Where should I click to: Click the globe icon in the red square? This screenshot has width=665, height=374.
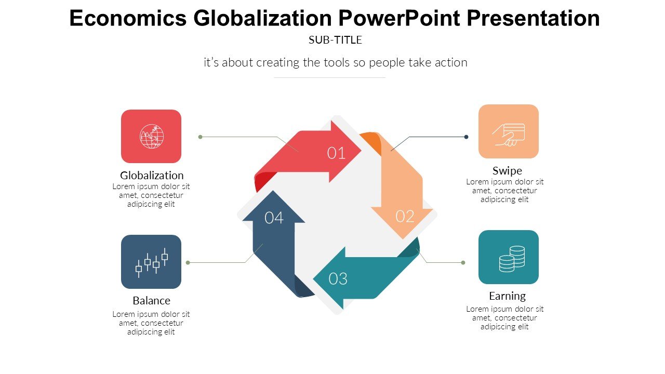pyautogui.click(x=151, y=136)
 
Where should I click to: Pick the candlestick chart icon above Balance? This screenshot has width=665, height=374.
pyautogui.click(x=152, y=262)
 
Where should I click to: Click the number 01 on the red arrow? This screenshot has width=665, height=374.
pyautogui.click(x=336, y=153)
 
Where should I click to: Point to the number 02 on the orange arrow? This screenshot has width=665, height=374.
pyautogui.click(x=405, y=216)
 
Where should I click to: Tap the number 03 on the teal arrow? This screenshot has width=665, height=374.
pyautogui.click(x=338, y=279)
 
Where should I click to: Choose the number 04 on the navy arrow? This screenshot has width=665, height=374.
pyautogui.click(x=274, y=218)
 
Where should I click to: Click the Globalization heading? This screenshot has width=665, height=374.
pyautogui.click(x=152, y=175)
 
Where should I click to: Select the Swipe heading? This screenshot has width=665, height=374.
pyautogui.click(x=507, y=170)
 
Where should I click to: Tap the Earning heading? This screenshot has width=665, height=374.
pyautogui.click(x=507, y=296)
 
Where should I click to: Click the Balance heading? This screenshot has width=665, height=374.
pyautogui.click(x=151, y=301)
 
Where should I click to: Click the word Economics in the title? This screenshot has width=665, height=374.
pyautogui.click(x=128, y=19)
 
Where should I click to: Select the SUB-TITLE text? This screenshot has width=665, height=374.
pyautogui.click(x=335, y=39)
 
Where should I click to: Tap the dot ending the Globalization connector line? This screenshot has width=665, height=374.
pyautogui.click(x=200, y=137)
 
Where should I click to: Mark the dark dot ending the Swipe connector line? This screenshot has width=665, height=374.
pyautogui.click(x=467, y=137)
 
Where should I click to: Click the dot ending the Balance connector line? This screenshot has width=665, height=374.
pyautogui.click(x=188, y=262)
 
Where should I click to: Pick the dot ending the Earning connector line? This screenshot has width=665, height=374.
pyautogui.click(x=463, y=262)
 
